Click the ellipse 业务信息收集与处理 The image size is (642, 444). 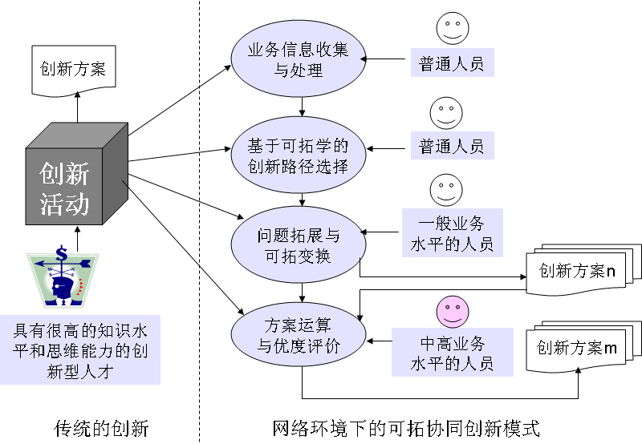click(x=299, y=60)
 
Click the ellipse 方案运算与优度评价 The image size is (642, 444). click(x=299, y=336)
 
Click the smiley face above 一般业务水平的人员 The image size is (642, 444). click(x=445, y=189)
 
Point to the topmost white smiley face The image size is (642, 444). click(x=452, y=30)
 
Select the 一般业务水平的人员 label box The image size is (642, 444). click(x=451, y=233)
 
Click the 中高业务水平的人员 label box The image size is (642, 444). click(x=453, y=353)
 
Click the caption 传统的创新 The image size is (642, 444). click(x=101, y=427)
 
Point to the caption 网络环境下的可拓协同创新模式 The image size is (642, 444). click(x=406, y=427)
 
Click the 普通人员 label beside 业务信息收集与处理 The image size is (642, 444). click(x=452, y=63)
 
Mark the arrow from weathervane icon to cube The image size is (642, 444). click(x=78, y=237)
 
